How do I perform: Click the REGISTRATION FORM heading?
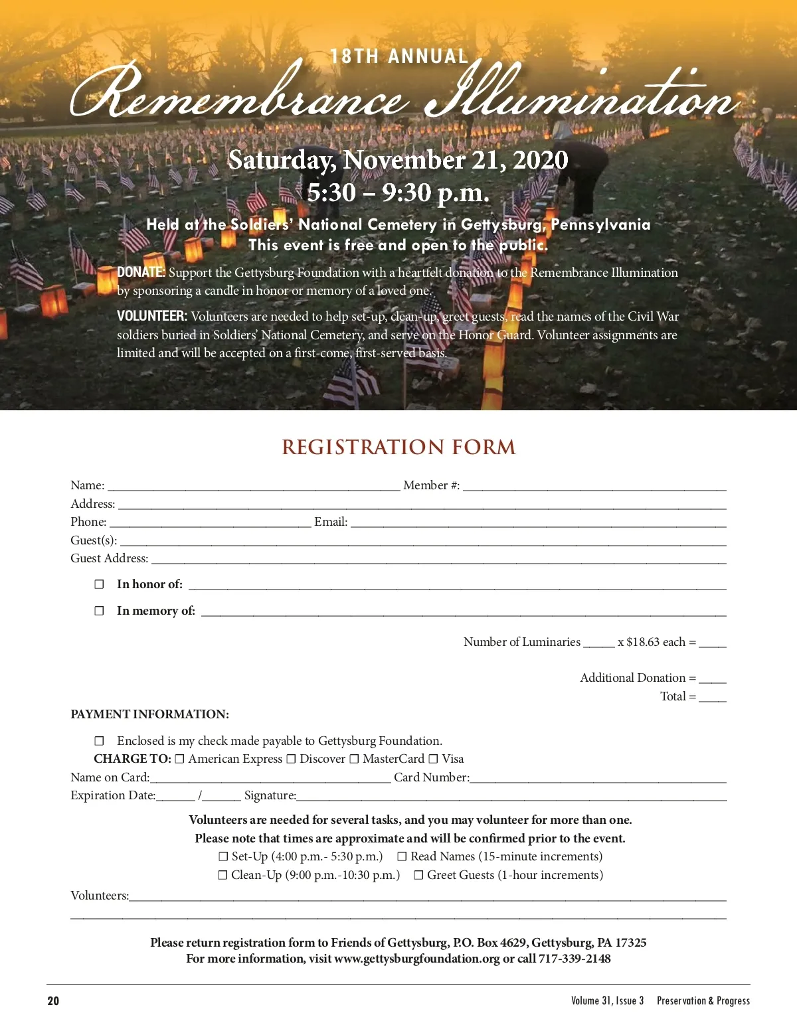click(x=398, y=447)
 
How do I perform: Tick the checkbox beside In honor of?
click(x=100, y=584)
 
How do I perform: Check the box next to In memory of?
click(x=100, y=611)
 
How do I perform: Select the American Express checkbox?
click(x=179, y=759)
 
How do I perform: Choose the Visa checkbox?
click(x=433, y=759)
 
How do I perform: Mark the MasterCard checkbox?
click(x=354, y=759)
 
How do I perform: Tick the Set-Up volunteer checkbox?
click(x=223, y=857)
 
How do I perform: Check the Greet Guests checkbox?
click(x=418, y=876)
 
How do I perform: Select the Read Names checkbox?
click(x=402, y=857)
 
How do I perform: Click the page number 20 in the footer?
click(x=53, y=1001)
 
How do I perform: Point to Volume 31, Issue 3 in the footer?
click(x=607, y=1001)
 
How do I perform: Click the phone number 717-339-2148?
click(x=575, y=959)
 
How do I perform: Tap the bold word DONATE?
click(x=140, y=272)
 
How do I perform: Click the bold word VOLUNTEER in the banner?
click(x=151, y=317)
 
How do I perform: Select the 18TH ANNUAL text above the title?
click(x=399, y=56)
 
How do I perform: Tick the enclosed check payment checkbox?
click(x=100, y=741)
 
